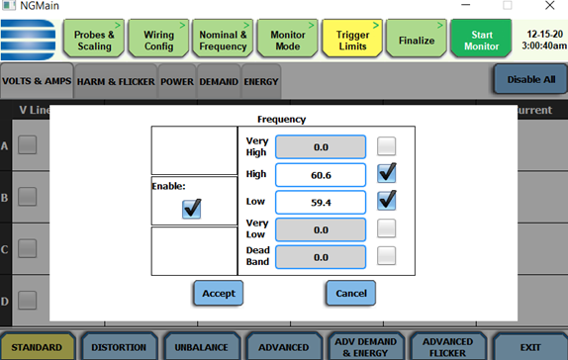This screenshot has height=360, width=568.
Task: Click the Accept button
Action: pos(218,293)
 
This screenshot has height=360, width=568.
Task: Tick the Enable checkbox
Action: pos(192,208)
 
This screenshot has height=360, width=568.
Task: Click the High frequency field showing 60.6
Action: pos(320,175)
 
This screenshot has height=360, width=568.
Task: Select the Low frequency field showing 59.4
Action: pos(320,202)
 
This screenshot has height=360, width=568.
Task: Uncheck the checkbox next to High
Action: pos(388,174)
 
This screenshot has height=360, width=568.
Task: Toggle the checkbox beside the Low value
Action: pos(388,201)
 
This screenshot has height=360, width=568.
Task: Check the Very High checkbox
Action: pos(387,146)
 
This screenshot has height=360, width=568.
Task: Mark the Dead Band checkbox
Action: pos(387,256)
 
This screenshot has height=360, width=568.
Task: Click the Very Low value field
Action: pos(320,229)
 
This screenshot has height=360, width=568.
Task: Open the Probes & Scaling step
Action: pos(95,41)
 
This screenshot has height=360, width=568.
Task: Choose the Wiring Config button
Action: pos(158,41)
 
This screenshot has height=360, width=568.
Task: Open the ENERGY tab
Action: pos(261,81)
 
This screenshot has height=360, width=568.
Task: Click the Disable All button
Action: pos(530,79)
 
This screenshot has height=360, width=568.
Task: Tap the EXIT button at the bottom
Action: pos(530,347)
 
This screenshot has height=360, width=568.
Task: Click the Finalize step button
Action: pos(416,41)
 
